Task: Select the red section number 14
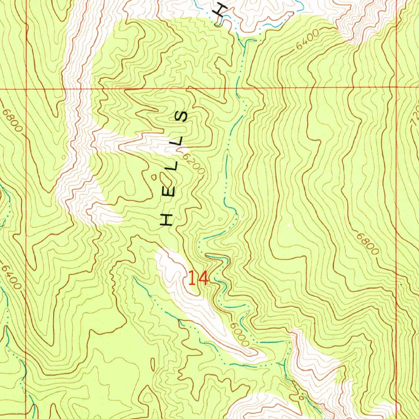pyautogui.click(x=198, y=279)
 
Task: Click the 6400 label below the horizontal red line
pyautogui.click(x=11, y=277)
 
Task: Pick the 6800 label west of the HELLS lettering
pyautogui.click(x=12, y=120)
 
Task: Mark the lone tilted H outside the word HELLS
pyautogui.click(x=221, y=9)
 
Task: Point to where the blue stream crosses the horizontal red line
pyautogui.click(x=237, y=88)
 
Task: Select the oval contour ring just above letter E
pyautogui.click(x=167, y=178)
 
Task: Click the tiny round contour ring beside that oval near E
pyautogui.click(x=154, y=177)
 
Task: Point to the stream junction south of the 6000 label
pyautogui.click(x=284, y=363)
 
